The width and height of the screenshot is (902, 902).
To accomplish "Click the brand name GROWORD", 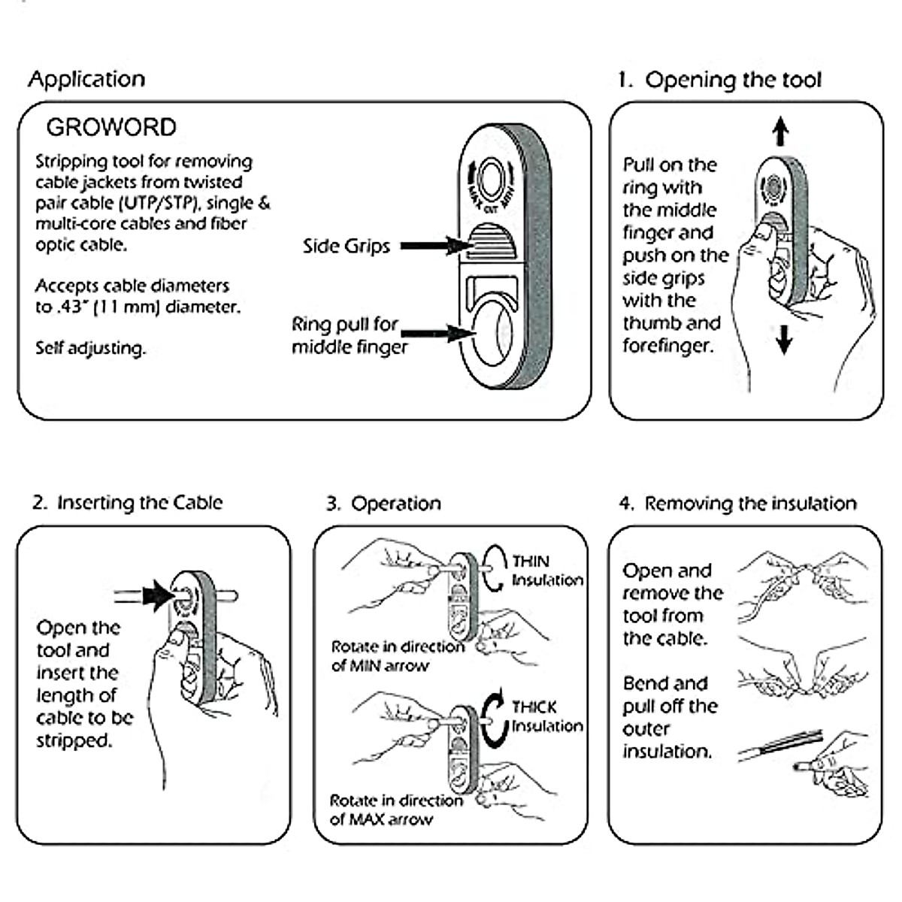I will pyautogui.click(x=111, y=127).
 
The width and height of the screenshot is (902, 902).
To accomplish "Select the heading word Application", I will pyautogui.click(x=86, y=79).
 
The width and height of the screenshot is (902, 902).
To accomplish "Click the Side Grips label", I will pyautogui.click(x=347, y=246).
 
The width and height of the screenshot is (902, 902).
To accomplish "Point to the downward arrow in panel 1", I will pyautogui.click(x=784, y=339).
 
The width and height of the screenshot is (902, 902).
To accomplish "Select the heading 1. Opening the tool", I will pyautogui.click(x=719, y=80).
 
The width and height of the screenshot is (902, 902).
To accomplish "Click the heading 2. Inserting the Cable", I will pyautogui.click(x=128, y=502).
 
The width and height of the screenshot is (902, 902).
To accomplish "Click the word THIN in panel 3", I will pyautogui.click(x=531, y=561).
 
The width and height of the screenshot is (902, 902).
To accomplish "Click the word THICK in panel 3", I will pyautogui.click(x=534, y=707).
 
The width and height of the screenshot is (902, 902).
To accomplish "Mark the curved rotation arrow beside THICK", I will pyautogui.click(x=494, y=719).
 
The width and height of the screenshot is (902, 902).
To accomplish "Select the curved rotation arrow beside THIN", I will pyautogui.click(x=494, y=568).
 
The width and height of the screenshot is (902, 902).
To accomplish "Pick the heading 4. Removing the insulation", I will pyautogui.click(x=737, y=503).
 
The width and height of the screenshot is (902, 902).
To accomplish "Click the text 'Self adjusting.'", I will pyautogui.click(x=90, y=348).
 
